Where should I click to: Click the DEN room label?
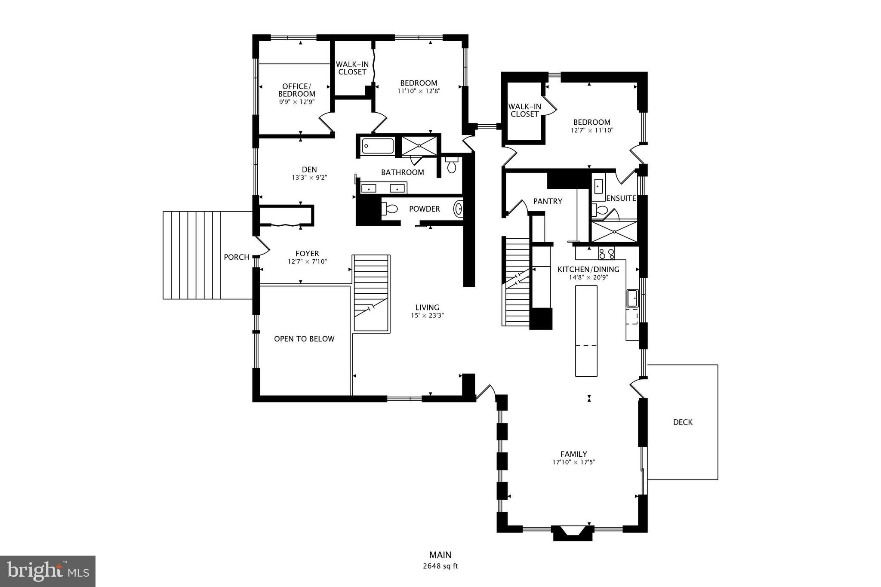pyautogui.click(x=309, y=169)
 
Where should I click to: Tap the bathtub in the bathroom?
pyautogui.click(x=377, y=146)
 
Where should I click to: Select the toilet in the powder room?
pyautogui.click(x=390, y=209)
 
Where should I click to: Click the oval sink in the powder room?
pyautogui.click(x=459, y=209)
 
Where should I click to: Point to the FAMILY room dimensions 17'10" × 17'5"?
pyautogui.click(x=573, y=462)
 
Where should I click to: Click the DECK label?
pyautogui.click(x=683, y=422)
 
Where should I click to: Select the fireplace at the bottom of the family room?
pyautogui.click(x=572, y=532)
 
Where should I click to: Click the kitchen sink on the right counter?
pyautogui.click(x=632, y=298)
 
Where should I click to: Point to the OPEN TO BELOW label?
pyautogui.click(x=304, y=339)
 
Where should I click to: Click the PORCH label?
pyautogui.click(x=236, y=257)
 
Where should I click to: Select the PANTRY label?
pyautogui.click(x=548, y=201)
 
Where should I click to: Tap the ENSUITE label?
pyautogui.click(x=621, y=198)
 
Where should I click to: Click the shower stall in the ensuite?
pyautogui.click(x=614, y=231)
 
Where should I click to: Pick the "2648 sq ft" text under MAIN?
pyautogui.click(x=440, y=566)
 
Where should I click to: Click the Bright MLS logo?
pyautogui.click(x=48, y=571)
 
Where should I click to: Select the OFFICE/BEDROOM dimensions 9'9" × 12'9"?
pyautogui.click(x=296, y=102)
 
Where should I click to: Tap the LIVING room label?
pyautogui.click(x=427, y=307)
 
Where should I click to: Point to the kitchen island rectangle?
pyautogui.click(x=586, y=330)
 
